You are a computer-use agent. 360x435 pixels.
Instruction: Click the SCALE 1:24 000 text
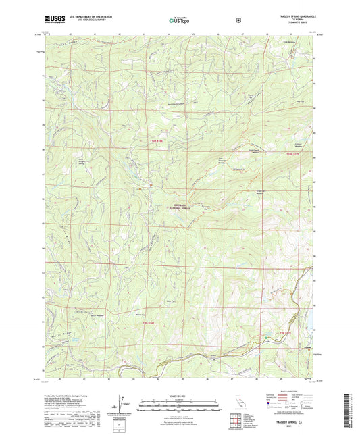click(x=180, y=394)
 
